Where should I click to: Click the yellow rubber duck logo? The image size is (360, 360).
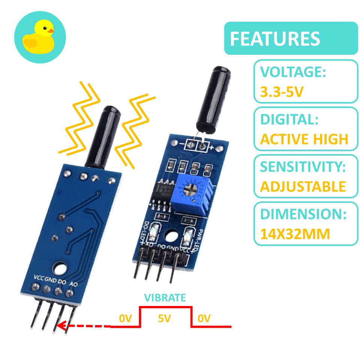[39, 38]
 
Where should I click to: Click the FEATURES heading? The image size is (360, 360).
[275, 39]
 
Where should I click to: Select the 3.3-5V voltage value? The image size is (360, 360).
[281, 91]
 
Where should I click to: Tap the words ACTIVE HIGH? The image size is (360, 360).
[304, 139]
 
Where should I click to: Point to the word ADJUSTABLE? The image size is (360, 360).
[303, 186]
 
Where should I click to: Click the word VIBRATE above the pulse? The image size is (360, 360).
[165, 298]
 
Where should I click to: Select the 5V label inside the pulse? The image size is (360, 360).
[165, 319]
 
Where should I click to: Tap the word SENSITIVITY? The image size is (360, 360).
[303, 167]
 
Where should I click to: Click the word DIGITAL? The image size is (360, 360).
[289, 120]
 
